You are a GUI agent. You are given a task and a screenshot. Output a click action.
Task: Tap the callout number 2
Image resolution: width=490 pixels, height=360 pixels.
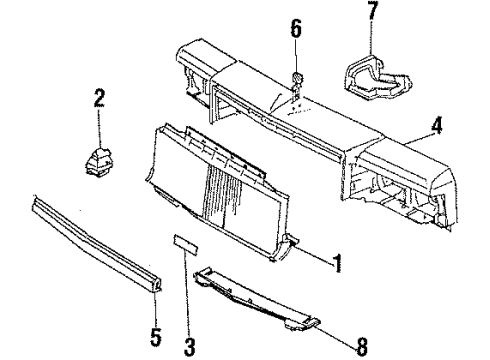coord(99,97)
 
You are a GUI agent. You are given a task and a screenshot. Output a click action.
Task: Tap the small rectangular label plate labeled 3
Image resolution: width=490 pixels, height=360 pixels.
coord(186,270)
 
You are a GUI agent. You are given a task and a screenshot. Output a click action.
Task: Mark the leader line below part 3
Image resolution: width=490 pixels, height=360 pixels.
coord(187,305)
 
